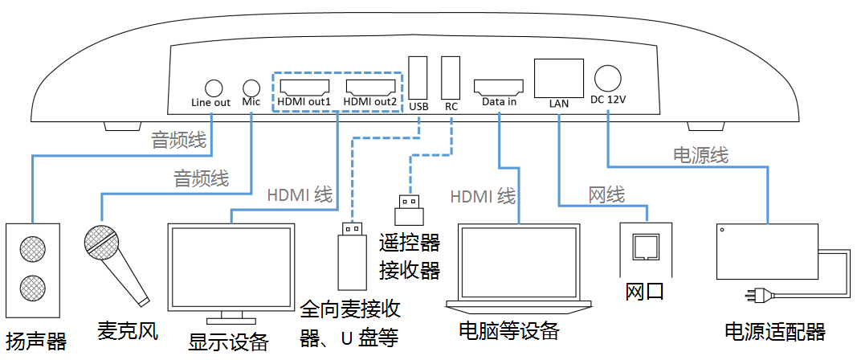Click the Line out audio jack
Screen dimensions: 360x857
pyautogui.click(x=213, y=87)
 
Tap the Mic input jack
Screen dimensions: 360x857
pyautogui.click(x=251, y=87)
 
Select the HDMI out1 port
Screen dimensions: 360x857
pyautogui.click(x=304, y=86)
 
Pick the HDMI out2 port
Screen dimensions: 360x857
pyautogui.click(x=370, y=86)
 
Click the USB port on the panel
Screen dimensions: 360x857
pyautogui.click(x=418, y=77)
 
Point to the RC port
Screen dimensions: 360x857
pyautogui.click(x=451, y=77)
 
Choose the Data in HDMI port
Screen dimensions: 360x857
pyautogui.click(x=499, y=86)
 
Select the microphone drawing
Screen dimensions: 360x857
pyautogui.click(x=112, y=261)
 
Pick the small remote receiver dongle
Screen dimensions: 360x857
pyautogui.click(x=410, y=208)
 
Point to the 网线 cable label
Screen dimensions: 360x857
pyautogui.click(x=606, y=194)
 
